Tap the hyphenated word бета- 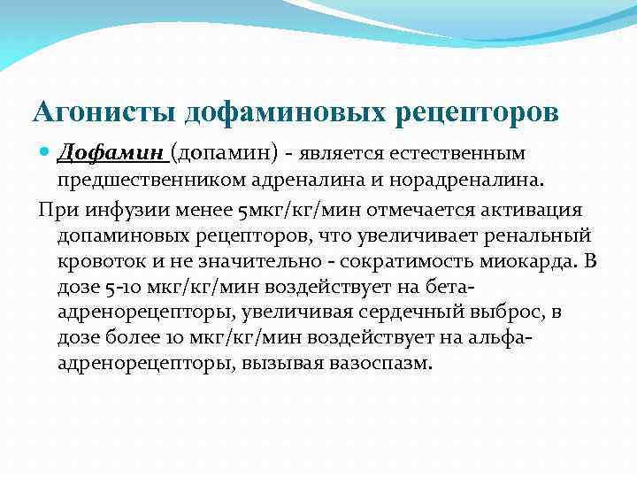[450, 288]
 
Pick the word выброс [480, 313]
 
